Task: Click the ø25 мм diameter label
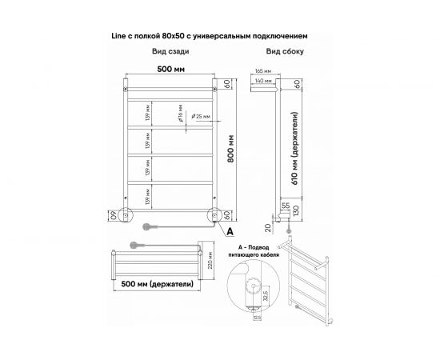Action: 204,117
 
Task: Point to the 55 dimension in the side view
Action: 286,206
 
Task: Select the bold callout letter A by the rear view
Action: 230,232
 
